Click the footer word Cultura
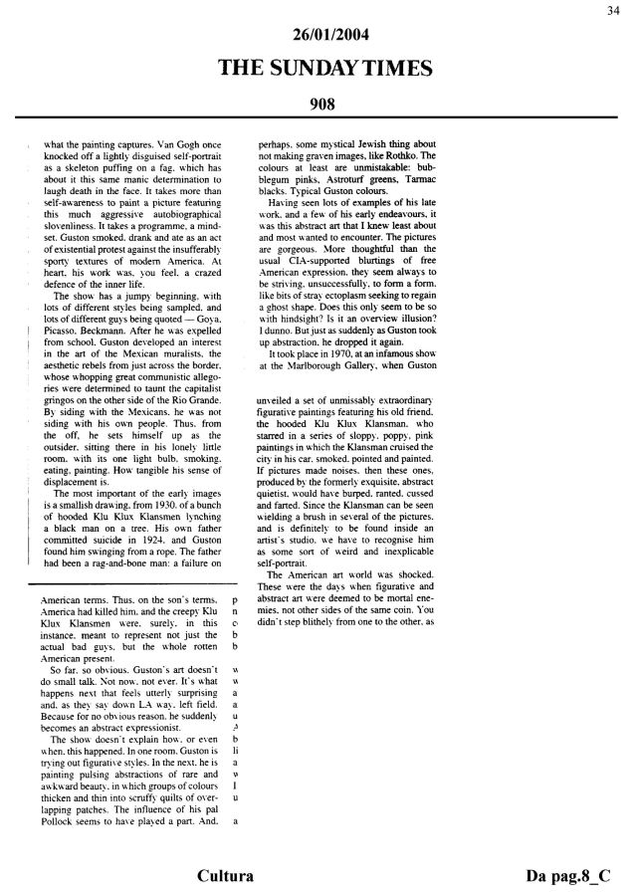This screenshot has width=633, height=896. pos(223,876)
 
